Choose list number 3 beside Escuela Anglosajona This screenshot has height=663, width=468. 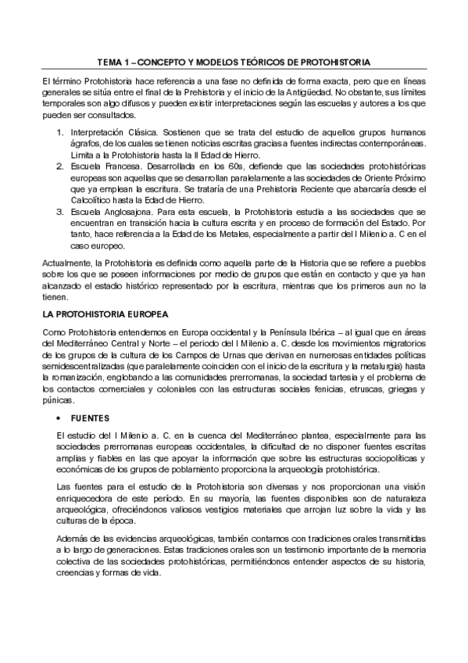pyautogui.click(x=60, y=212)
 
